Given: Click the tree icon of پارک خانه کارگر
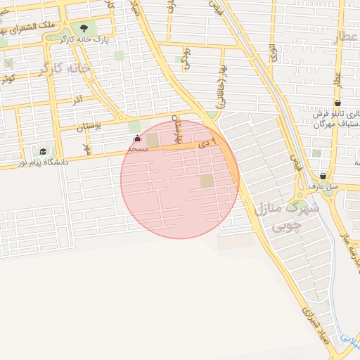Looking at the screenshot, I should click(84, 28).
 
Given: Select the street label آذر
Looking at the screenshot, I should click(77, 101).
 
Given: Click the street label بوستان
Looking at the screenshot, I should click(89, 127).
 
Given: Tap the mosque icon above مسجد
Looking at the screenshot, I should click(136, 139).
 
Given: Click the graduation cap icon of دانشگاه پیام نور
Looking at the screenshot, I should click(43, 151).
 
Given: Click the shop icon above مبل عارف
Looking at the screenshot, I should click(323, 176).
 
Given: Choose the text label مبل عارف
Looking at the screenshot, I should click(323, 186).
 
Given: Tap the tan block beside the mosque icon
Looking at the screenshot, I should click(153, 140).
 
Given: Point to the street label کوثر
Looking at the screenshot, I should click(8, 78).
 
